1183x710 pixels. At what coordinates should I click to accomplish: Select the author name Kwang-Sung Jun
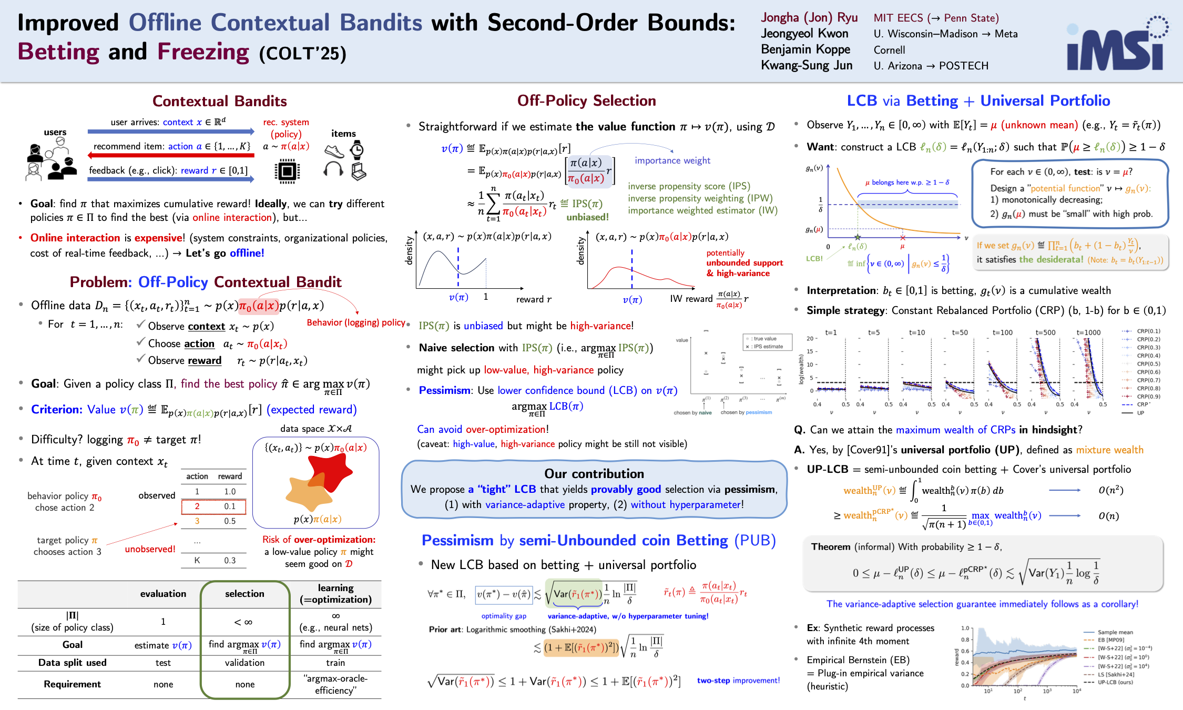click(807, 65)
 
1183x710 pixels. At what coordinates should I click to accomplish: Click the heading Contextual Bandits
click(219, 101)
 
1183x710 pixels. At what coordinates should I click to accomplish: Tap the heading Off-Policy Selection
click(586, 100)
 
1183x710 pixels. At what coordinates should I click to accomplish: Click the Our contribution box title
click(594, 473)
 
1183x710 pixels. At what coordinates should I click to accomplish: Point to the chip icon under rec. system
click(287, 171)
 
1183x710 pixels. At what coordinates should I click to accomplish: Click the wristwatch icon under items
click(357, 150)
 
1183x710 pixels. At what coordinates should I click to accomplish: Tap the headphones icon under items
click(333, 170)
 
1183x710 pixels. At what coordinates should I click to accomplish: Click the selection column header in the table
click(244, 594)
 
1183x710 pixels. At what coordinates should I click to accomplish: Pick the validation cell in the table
click(244, 663)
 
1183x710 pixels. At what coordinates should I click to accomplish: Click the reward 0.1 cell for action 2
click(230, 506)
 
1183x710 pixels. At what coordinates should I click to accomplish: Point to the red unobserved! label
click(150, 549)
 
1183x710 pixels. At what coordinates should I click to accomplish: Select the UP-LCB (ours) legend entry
click(1115, 682)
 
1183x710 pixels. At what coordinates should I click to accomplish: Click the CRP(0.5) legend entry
click(1148, 364)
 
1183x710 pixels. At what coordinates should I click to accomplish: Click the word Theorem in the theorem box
click(830, 546)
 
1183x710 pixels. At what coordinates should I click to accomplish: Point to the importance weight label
click(672, 160)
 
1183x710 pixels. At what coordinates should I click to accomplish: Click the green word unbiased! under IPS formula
click(587, 217)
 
